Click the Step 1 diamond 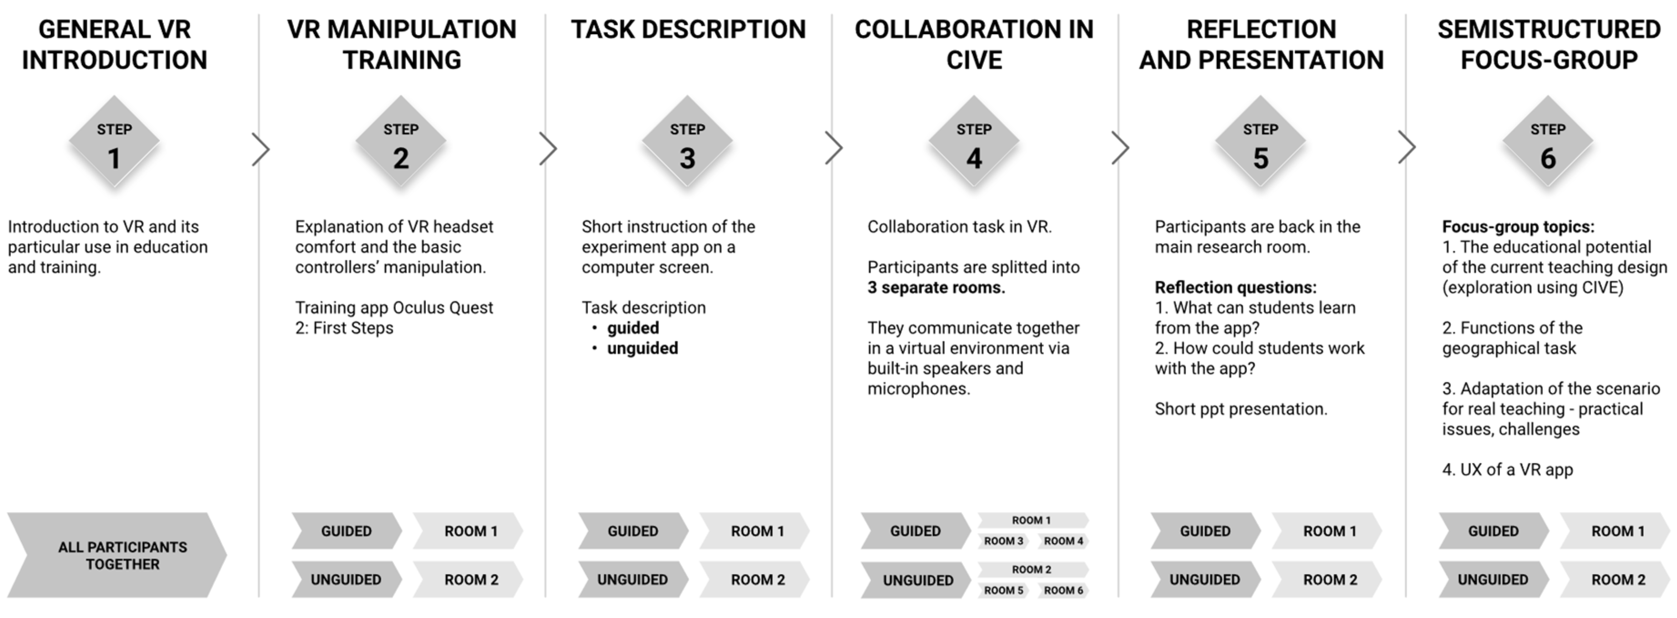tap(114, 142)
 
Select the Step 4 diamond tap(974, 142)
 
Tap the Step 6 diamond tap(1547, 142)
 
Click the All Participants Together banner tap(117, 555)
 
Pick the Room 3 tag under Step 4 tap(1003, 541)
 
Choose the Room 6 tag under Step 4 tap(1063, 590)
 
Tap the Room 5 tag tap(1003, 590)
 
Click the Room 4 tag tap(1063, 541)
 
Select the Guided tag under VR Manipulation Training tap(346, 531)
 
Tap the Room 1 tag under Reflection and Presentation tap(1329, 531)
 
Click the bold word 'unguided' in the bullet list tap(643, 349)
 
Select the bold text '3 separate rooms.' tap(936, 287)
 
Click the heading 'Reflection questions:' tap(1236, 287)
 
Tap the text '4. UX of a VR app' tap(1508, 470)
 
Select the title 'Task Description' tap(688, 29)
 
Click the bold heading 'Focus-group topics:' tap(1518, 227)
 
